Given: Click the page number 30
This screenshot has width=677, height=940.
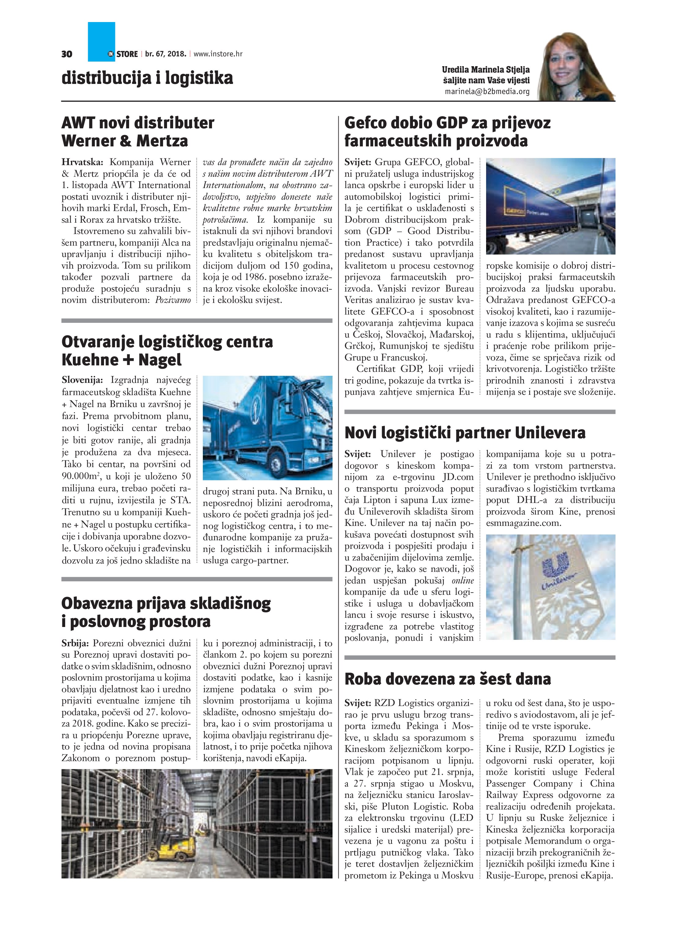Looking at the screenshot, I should click(x=67, y=54).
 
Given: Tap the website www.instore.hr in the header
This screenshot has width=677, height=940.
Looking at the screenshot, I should click(x=218, y=54).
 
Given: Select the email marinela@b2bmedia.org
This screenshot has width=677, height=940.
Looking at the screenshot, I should click(x=487, y=92).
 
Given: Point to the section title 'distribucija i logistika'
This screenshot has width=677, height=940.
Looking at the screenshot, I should click(x=147, y=78).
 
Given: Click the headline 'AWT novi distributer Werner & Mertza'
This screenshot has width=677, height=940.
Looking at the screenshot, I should click(x=138, y=132).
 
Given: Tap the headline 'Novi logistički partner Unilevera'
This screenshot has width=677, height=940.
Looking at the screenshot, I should click(x=465, y=433).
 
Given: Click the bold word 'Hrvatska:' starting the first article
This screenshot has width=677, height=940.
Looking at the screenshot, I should click(x=82, y=162).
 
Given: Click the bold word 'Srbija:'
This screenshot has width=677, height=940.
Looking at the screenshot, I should click(x=75, y=643).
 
